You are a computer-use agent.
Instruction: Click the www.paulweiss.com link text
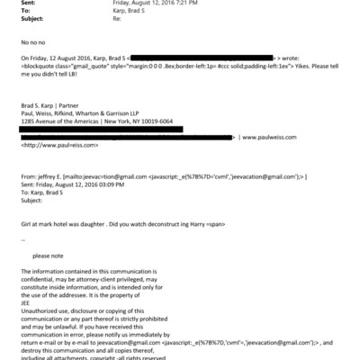pyautogui.click(x=313, y=163)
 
